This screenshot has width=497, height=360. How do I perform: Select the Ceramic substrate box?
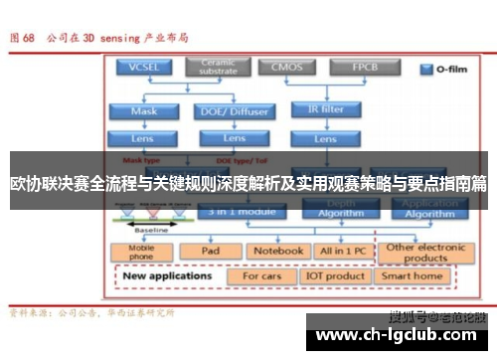(x=218, y=67)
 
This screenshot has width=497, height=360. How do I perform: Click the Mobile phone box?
(x=142, y=252)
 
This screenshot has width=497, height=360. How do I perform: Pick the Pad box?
(x=210, y=252)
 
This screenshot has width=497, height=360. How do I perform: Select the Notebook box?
(x=276, y=252)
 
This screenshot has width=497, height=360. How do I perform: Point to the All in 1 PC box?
(x=340, y=252)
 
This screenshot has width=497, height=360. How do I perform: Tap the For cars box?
(x=262, y=275)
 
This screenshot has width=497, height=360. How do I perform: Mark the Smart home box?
(x=413, y=275)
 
